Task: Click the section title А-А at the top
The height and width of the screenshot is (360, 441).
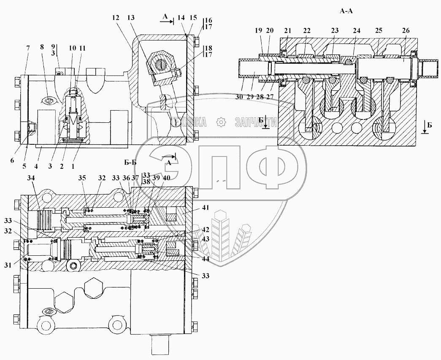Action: pos(346,11)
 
